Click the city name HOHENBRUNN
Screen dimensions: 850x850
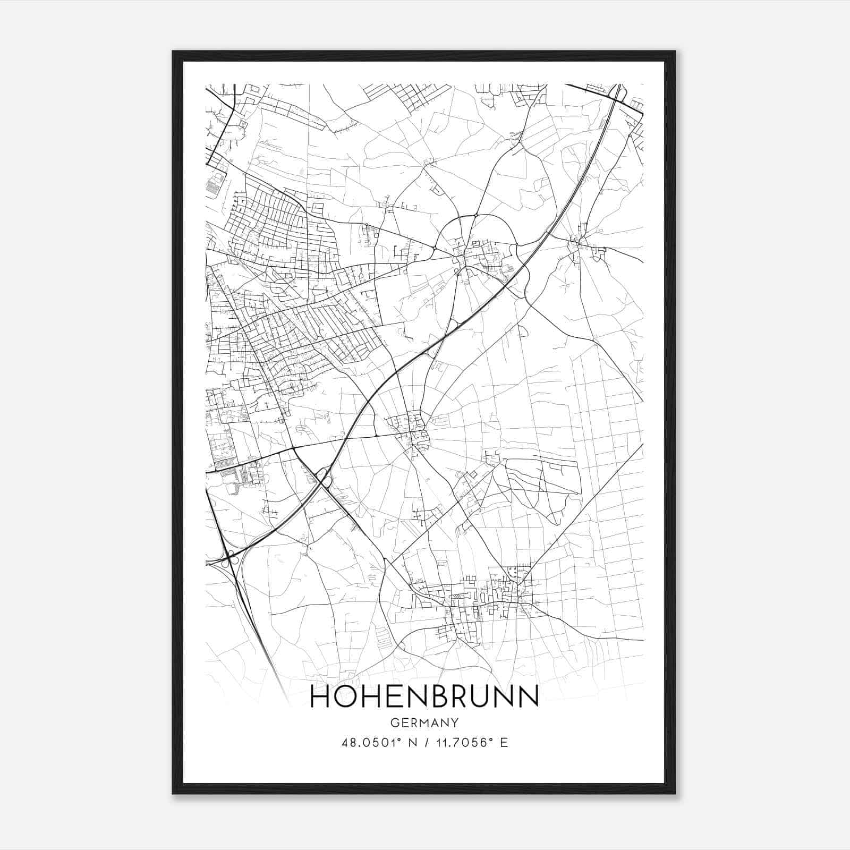tap(424, 697)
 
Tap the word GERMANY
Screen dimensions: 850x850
tap(424, 723)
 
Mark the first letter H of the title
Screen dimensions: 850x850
tap(320, 697)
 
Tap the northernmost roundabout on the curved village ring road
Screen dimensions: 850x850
tap(477, 215)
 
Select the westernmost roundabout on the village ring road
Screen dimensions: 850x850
tap(435, 248)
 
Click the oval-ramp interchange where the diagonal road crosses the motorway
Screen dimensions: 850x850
tap(322, 477)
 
